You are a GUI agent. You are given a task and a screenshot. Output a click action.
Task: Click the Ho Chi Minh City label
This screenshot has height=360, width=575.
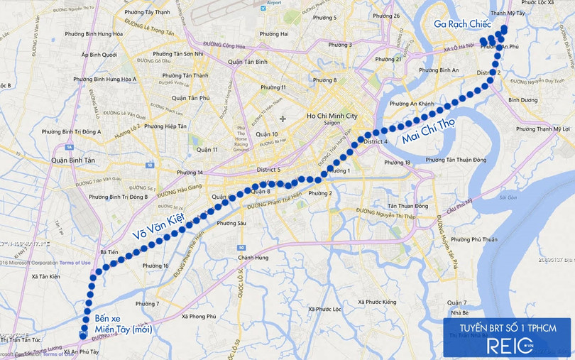[x=332, y=116]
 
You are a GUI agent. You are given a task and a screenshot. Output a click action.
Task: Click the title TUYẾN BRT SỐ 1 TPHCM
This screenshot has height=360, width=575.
[x=505, y=328]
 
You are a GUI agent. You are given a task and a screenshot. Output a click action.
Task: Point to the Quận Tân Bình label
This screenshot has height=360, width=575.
[x=247, y=60]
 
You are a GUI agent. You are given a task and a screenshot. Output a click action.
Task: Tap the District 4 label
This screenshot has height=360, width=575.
[x=376, y=142]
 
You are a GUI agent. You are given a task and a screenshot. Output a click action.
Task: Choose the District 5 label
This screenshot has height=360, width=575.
[x=269, y=170]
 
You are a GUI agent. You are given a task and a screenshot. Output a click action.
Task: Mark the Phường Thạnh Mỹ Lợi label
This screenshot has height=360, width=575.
[x=543, y=129]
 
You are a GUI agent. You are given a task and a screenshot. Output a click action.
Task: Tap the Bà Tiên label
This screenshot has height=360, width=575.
[x=109, y=252]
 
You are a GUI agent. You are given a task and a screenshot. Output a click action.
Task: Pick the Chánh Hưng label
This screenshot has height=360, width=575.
[x=251, y=258]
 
